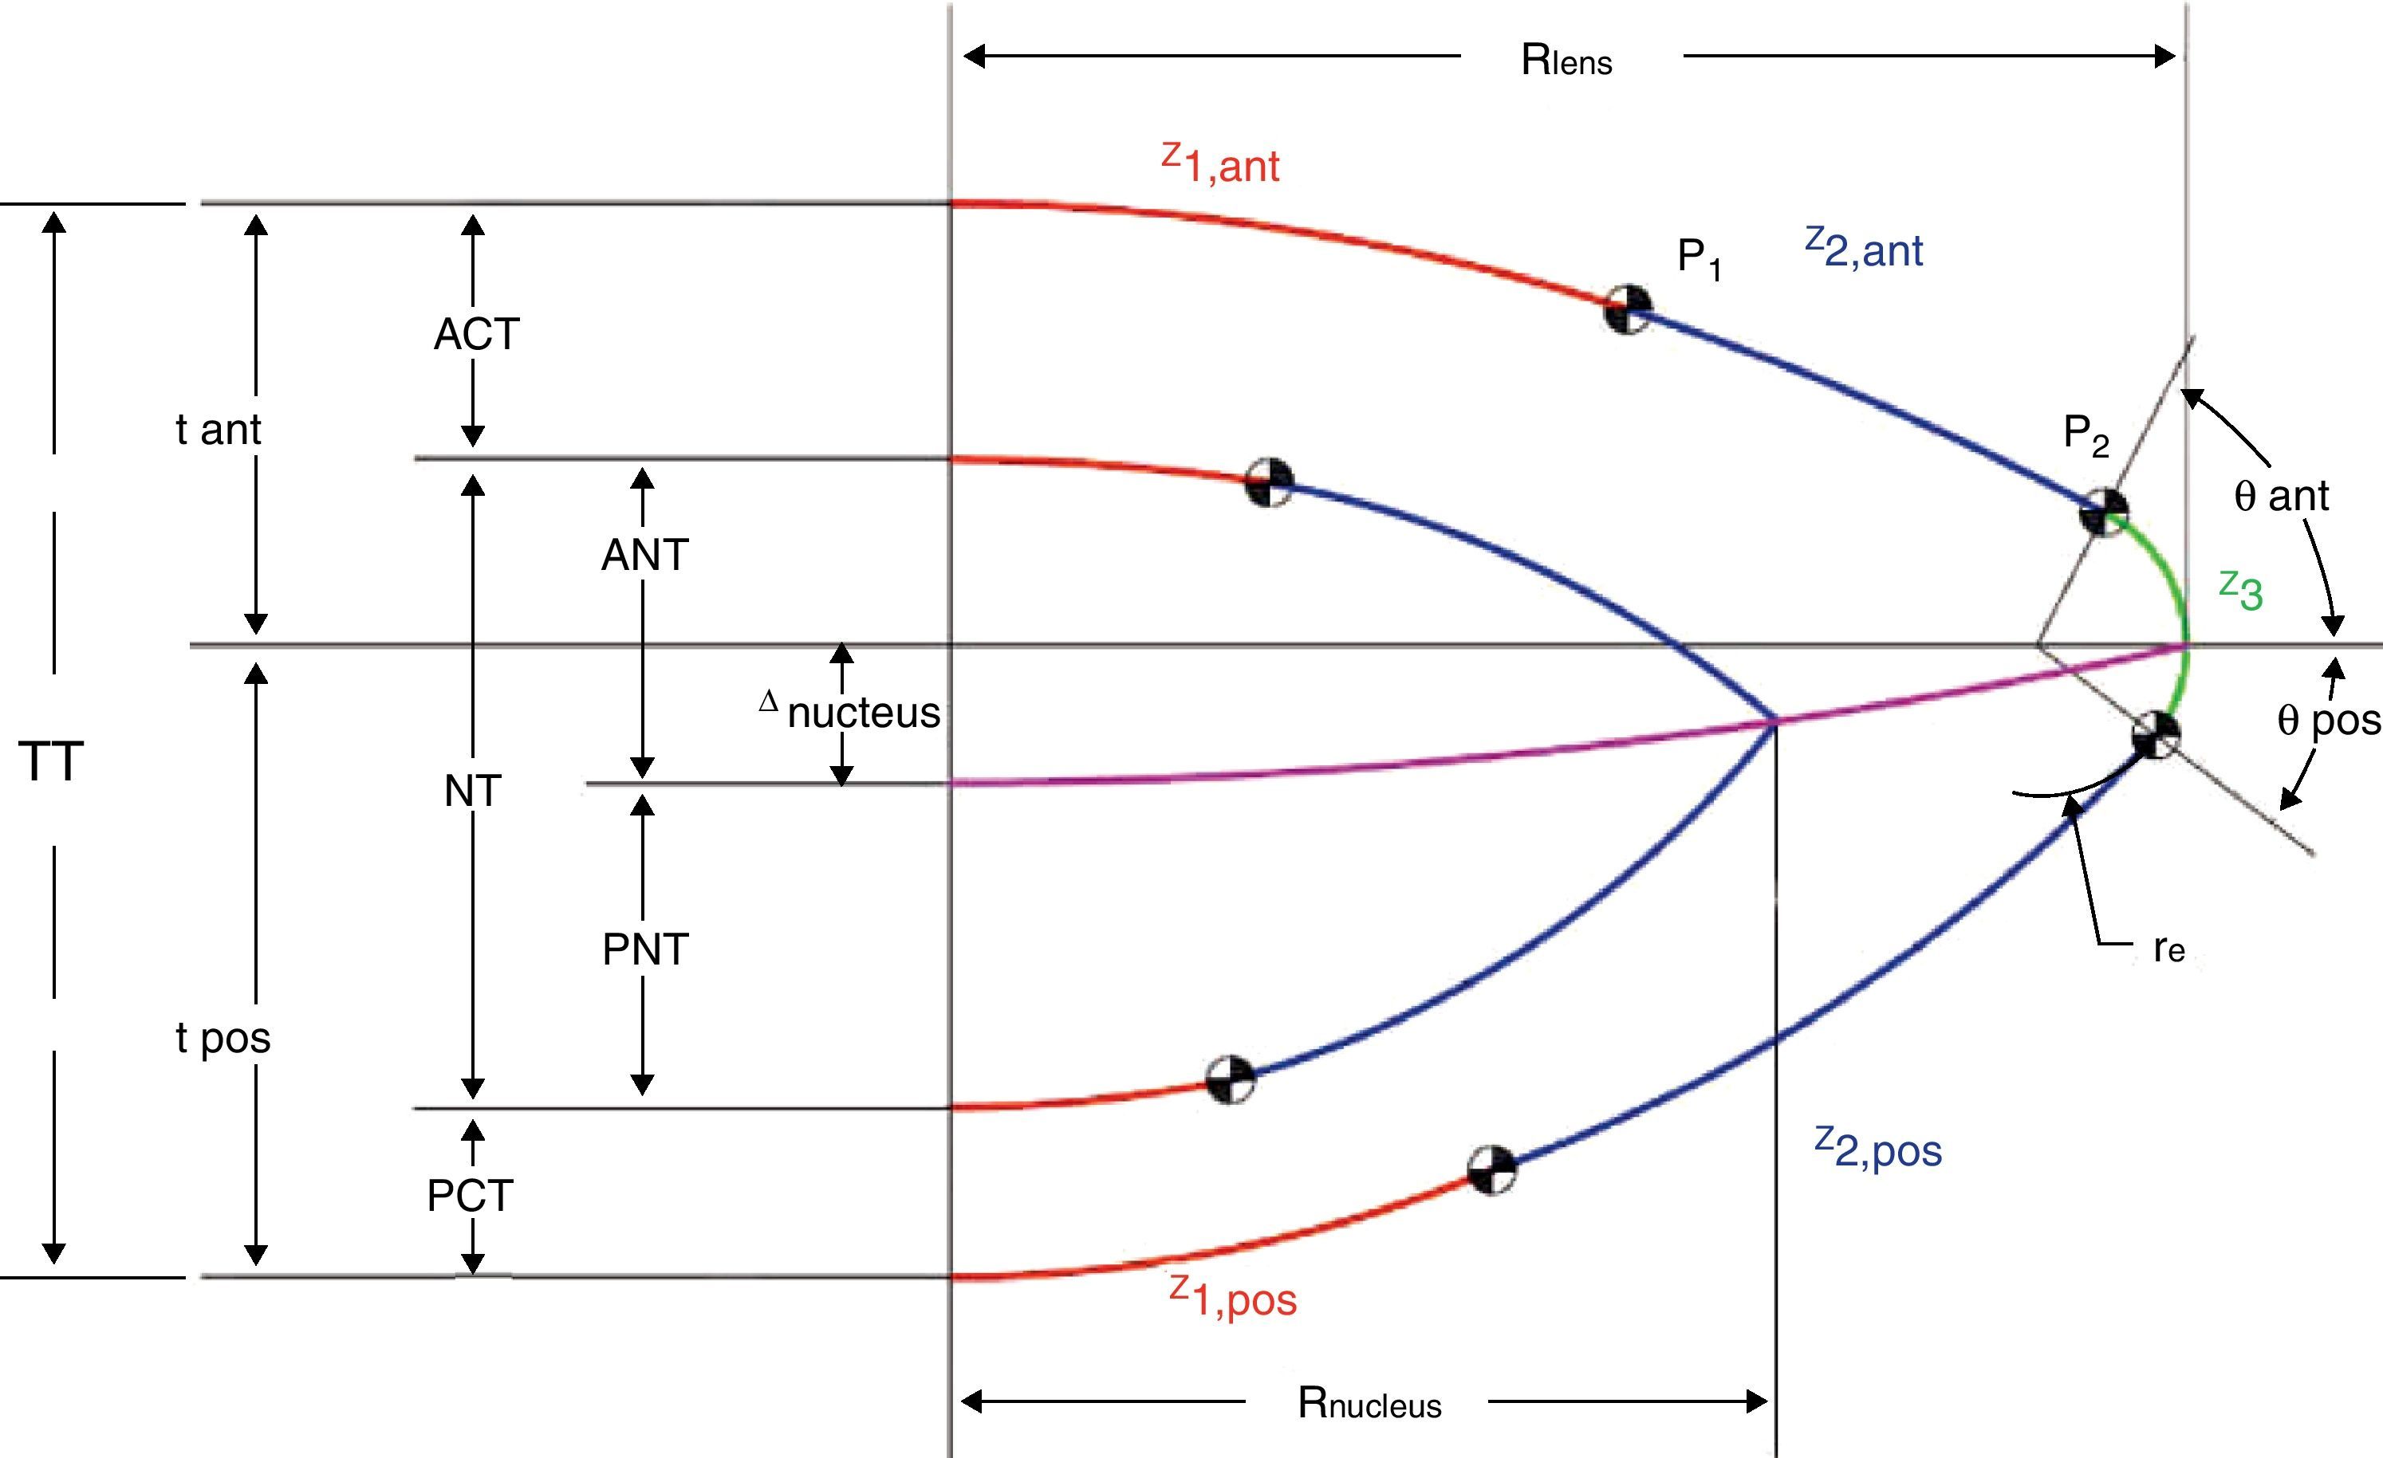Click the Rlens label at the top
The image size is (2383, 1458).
pos(1567,60)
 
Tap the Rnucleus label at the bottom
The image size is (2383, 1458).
pos(1369,1403)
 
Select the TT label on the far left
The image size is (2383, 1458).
pos(51,762)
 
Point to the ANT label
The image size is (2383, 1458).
pos(644,555)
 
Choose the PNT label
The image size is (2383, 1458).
pos(645,949)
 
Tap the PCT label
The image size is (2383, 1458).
pos(470,1196)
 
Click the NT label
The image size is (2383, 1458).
pos(472,792)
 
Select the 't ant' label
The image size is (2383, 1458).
pos(219,430)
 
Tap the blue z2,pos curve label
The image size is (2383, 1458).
pos(1878,1148)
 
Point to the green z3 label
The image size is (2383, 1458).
pos(2241,591)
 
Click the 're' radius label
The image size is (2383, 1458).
pos(2169,949)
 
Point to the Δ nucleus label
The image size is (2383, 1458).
pos(851,712)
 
